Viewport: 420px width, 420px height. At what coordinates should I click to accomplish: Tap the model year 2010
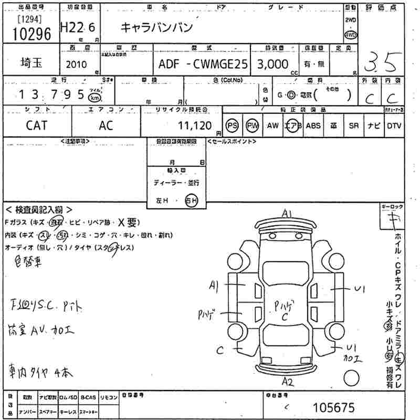coord(78,65)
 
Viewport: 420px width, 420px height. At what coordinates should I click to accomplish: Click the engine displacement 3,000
coord(272,64)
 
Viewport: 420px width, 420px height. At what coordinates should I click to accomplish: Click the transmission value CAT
coord(36,125)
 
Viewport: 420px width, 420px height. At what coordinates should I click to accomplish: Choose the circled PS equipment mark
coord(233,125)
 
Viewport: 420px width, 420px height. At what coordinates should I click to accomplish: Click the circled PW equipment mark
coord(253,125)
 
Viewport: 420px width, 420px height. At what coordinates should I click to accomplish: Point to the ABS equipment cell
coord(313,125)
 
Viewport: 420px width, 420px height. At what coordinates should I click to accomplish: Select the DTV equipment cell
coord(394,125)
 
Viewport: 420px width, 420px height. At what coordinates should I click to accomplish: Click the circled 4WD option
coord(350,34)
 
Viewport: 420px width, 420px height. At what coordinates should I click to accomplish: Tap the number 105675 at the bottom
coord(333,407)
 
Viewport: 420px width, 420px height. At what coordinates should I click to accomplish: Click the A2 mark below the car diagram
coord(287,381)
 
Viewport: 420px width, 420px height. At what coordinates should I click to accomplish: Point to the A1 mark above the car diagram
coord(287,213)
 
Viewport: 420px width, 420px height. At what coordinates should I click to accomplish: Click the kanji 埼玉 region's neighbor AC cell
coord(106,125)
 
